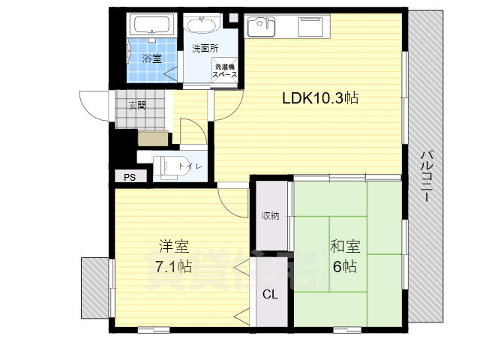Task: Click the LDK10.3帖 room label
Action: click(319, 97)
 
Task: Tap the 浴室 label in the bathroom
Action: click(152, 58)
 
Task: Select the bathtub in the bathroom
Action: click(153, 25)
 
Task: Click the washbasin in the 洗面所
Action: click(200, 27)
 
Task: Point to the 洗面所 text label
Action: click(205, 49)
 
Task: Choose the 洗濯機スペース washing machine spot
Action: click(225, 70)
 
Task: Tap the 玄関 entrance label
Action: click(136, 105)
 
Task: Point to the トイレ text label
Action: click(190, 166)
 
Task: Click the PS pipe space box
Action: click(129, 178)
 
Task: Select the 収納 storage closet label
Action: click(270, 216)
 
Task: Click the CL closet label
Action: click(270, 295)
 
